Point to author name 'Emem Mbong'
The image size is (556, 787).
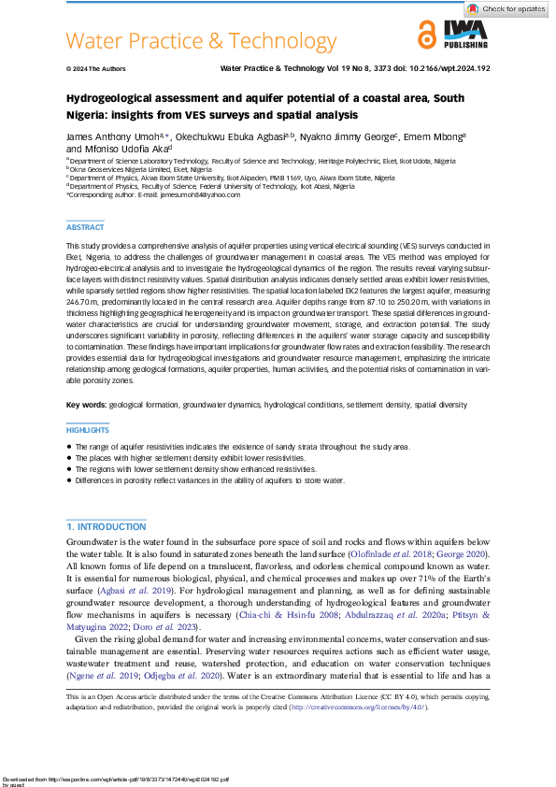point(436,136)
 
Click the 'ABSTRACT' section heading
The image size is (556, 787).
point(84,227)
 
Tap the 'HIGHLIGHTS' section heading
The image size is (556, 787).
point(87,430)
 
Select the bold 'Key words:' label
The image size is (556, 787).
point(86,406)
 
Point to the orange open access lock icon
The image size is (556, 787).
point(427,36)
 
